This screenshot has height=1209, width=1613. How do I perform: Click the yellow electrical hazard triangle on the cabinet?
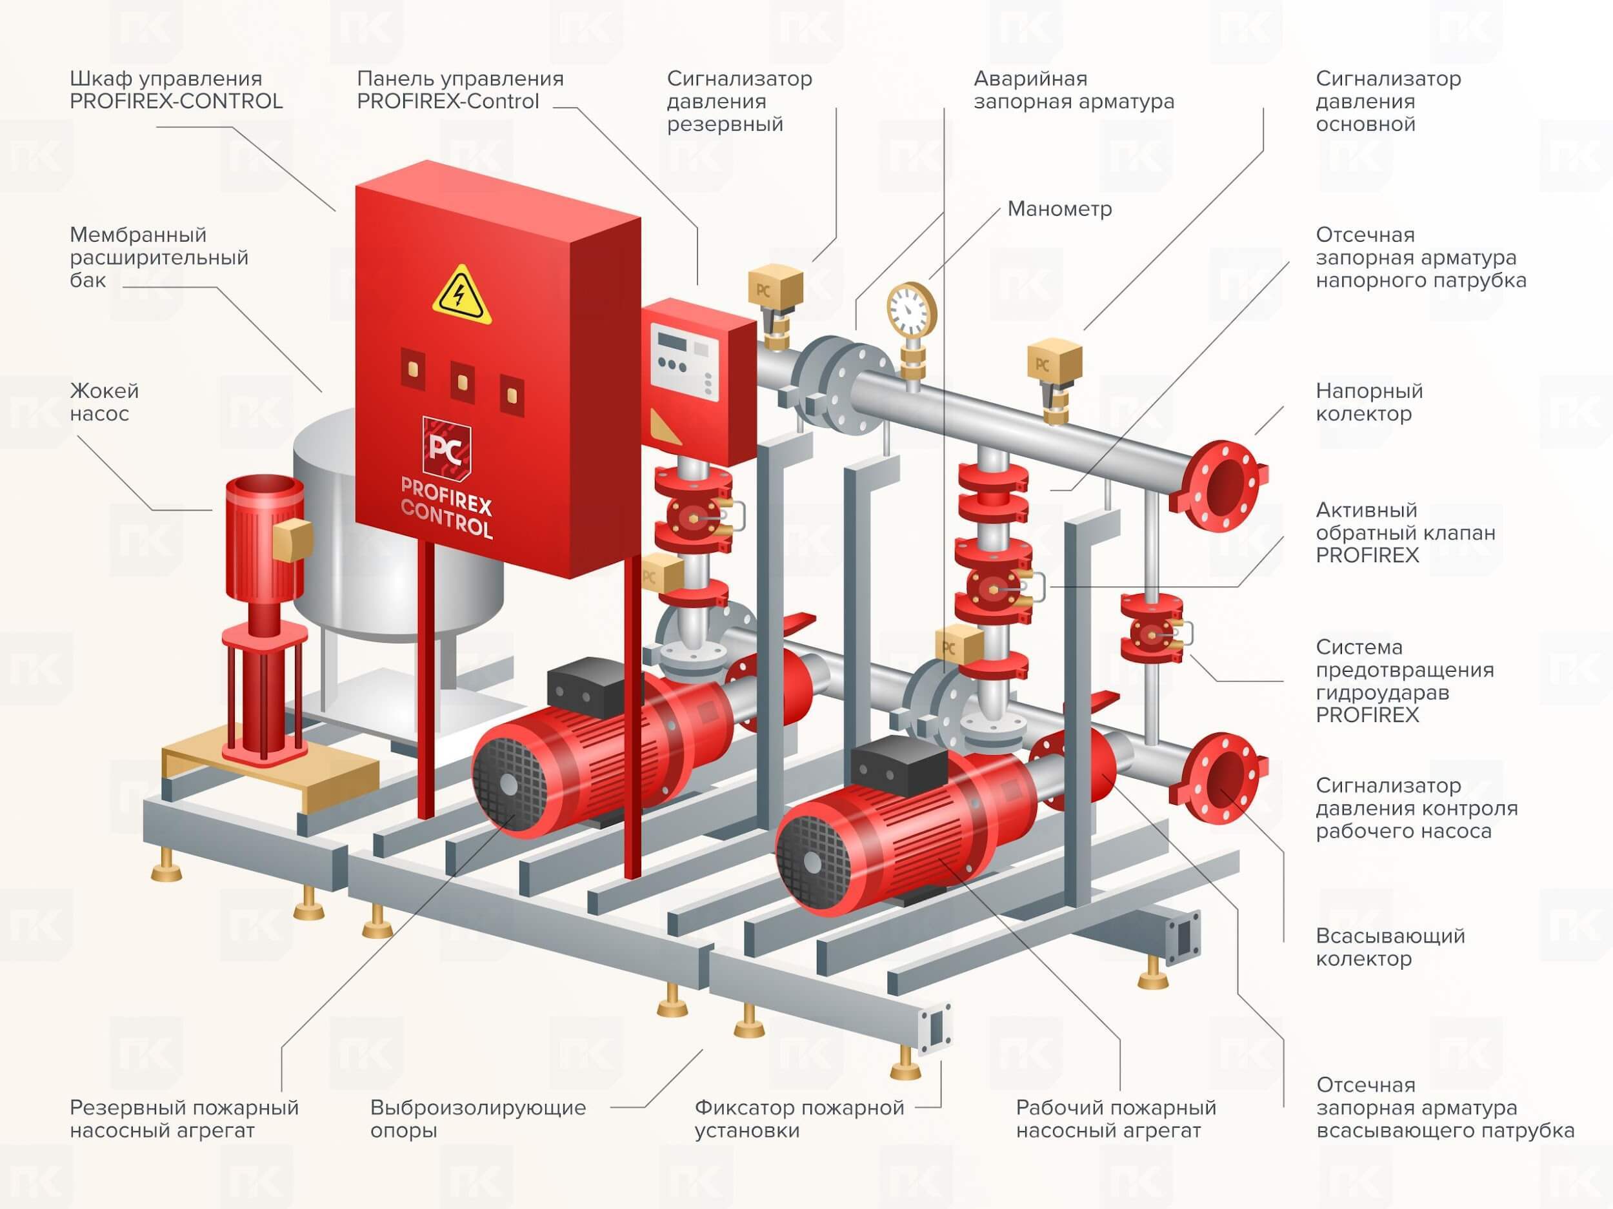pyautogui.click(x=461, y=297)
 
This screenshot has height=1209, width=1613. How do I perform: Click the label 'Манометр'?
pyautogui.click(x=1059, y=209)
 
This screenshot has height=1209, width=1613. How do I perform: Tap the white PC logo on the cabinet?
pyautogui.click(x=446, y=447)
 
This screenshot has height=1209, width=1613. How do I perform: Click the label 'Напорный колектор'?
pyautogui.click(x=1368, y=402)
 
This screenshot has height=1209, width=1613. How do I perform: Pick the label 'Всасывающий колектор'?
pyautogui.click(x=1390, y=947)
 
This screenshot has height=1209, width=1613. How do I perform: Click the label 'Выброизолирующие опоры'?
pyautogui.click(x=477, y=1119)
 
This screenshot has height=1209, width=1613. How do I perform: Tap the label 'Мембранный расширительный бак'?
pyautogui.click(x=159, y=257)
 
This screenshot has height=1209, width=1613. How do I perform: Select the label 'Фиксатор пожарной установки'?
pyautogui.click(x=799, y=1119)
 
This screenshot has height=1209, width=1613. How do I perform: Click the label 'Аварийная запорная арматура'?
pyautogui.click(x=1074, y=90)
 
